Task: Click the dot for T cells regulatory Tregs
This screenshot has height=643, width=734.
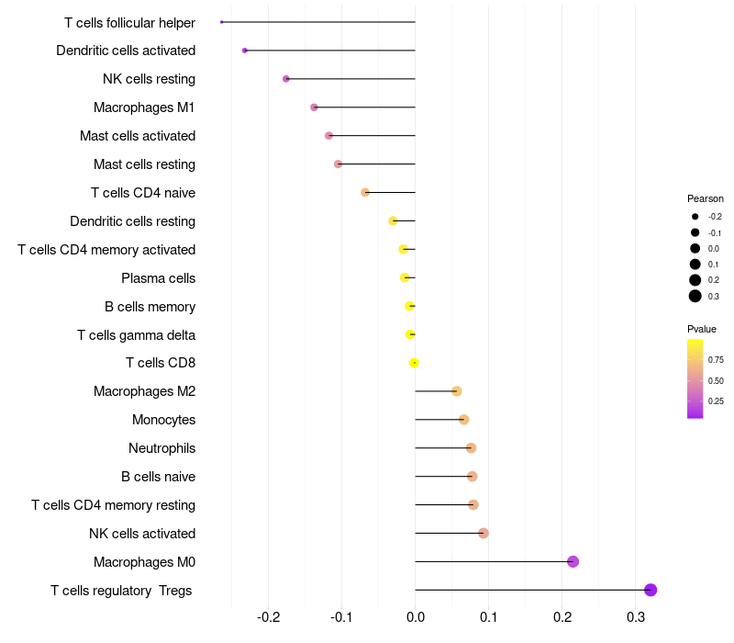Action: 651,590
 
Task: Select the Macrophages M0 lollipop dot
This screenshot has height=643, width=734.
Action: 573,561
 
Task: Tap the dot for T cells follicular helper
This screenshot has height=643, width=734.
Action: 222,21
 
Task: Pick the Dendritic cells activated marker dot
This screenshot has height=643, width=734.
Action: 244,50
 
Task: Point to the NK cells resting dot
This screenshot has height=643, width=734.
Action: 286,79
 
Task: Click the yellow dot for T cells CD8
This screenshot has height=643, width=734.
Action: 414,363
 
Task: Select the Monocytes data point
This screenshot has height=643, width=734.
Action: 464,420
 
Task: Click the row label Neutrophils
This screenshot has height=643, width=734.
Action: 161,448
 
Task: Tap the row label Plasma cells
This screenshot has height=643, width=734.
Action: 158,277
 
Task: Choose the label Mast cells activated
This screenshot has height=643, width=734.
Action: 138,136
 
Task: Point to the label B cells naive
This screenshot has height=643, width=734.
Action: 158,477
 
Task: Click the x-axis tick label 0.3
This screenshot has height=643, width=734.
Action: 636,616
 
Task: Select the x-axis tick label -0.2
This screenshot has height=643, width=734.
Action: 268,616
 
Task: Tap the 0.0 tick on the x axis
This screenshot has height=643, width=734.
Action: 416,616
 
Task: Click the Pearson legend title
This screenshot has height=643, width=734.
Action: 705,198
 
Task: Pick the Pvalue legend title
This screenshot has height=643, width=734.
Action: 702,329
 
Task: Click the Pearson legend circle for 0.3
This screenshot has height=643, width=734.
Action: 695,296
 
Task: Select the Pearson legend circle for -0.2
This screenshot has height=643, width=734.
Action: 695,217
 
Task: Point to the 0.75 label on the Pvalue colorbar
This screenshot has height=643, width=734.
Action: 716,359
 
